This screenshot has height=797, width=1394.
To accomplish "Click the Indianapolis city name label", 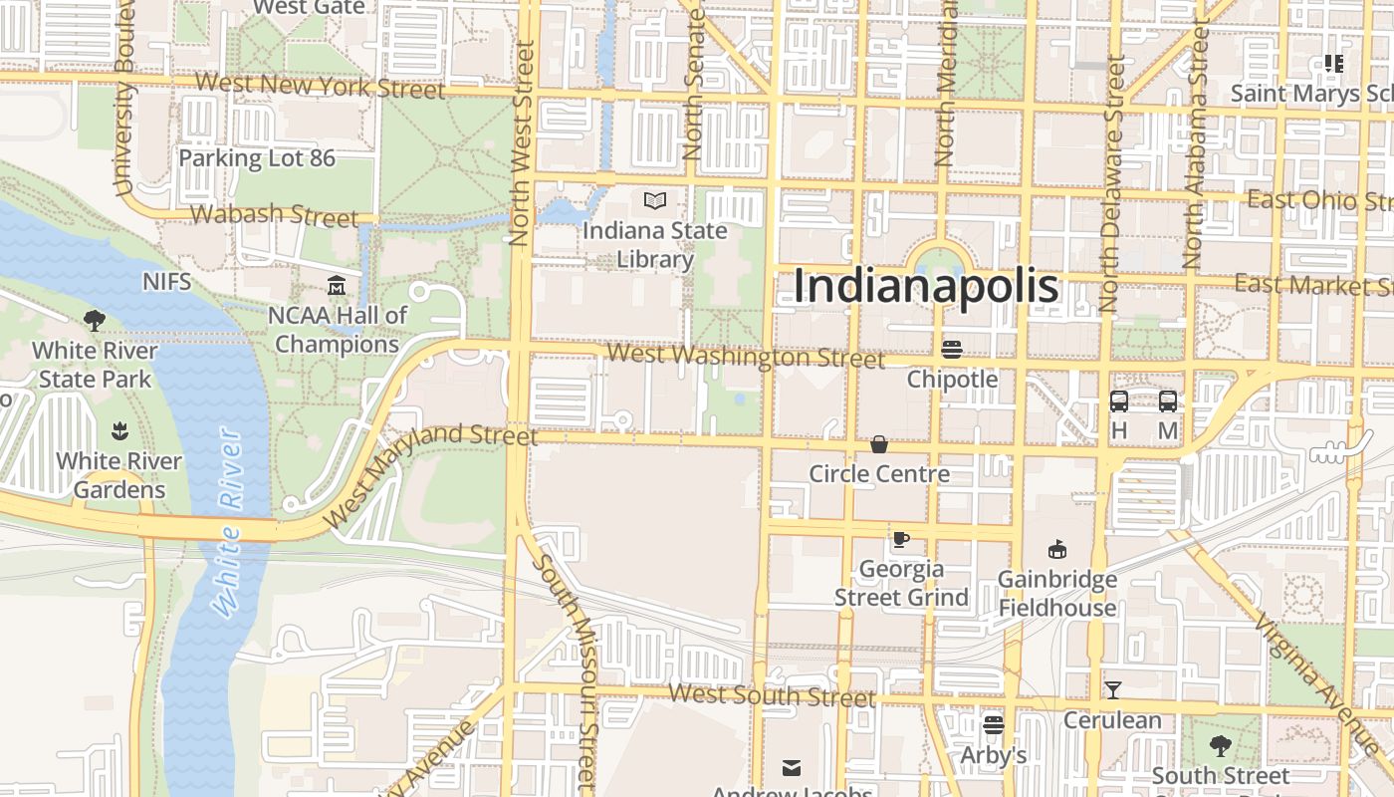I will [x=926, y=286].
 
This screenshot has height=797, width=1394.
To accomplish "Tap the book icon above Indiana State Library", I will [x=654, y=201].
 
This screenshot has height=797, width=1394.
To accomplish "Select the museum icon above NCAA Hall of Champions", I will [x=337, y=287].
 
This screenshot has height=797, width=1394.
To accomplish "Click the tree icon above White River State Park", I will [x=95, y=321].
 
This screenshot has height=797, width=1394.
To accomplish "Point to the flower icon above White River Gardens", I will [x=119, y=431].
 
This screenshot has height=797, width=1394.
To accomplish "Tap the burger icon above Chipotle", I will [x=952, y=350].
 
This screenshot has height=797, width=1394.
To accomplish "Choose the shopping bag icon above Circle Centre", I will [x=879, y=444].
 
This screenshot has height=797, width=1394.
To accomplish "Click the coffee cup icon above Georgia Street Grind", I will [x=901, y=540].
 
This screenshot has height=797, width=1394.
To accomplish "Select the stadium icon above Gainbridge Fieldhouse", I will [x=1057, y=549].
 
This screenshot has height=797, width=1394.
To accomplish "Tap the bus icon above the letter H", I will [x=1119, y=401].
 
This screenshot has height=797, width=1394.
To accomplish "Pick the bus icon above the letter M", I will [x=1168, y=401].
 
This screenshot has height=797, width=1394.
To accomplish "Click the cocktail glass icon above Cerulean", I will [x=1112, y=689].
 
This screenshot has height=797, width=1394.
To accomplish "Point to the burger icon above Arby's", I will [x=993, y=725].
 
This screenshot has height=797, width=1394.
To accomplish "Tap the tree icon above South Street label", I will [x=1220, y=745].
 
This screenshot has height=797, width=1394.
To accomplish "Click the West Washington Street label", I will [x=745, y=356].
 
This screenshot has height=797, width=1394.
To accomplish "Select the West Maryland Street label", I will [x=430, y=472].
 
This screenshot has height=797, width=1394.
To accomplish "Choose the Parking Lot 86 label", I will [x=257, y=157].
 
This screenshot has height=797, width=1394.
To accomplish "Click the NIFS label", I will [x=166, y=281].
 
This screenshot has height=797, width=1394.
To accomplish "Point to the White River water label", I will [x=228, y=523].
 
